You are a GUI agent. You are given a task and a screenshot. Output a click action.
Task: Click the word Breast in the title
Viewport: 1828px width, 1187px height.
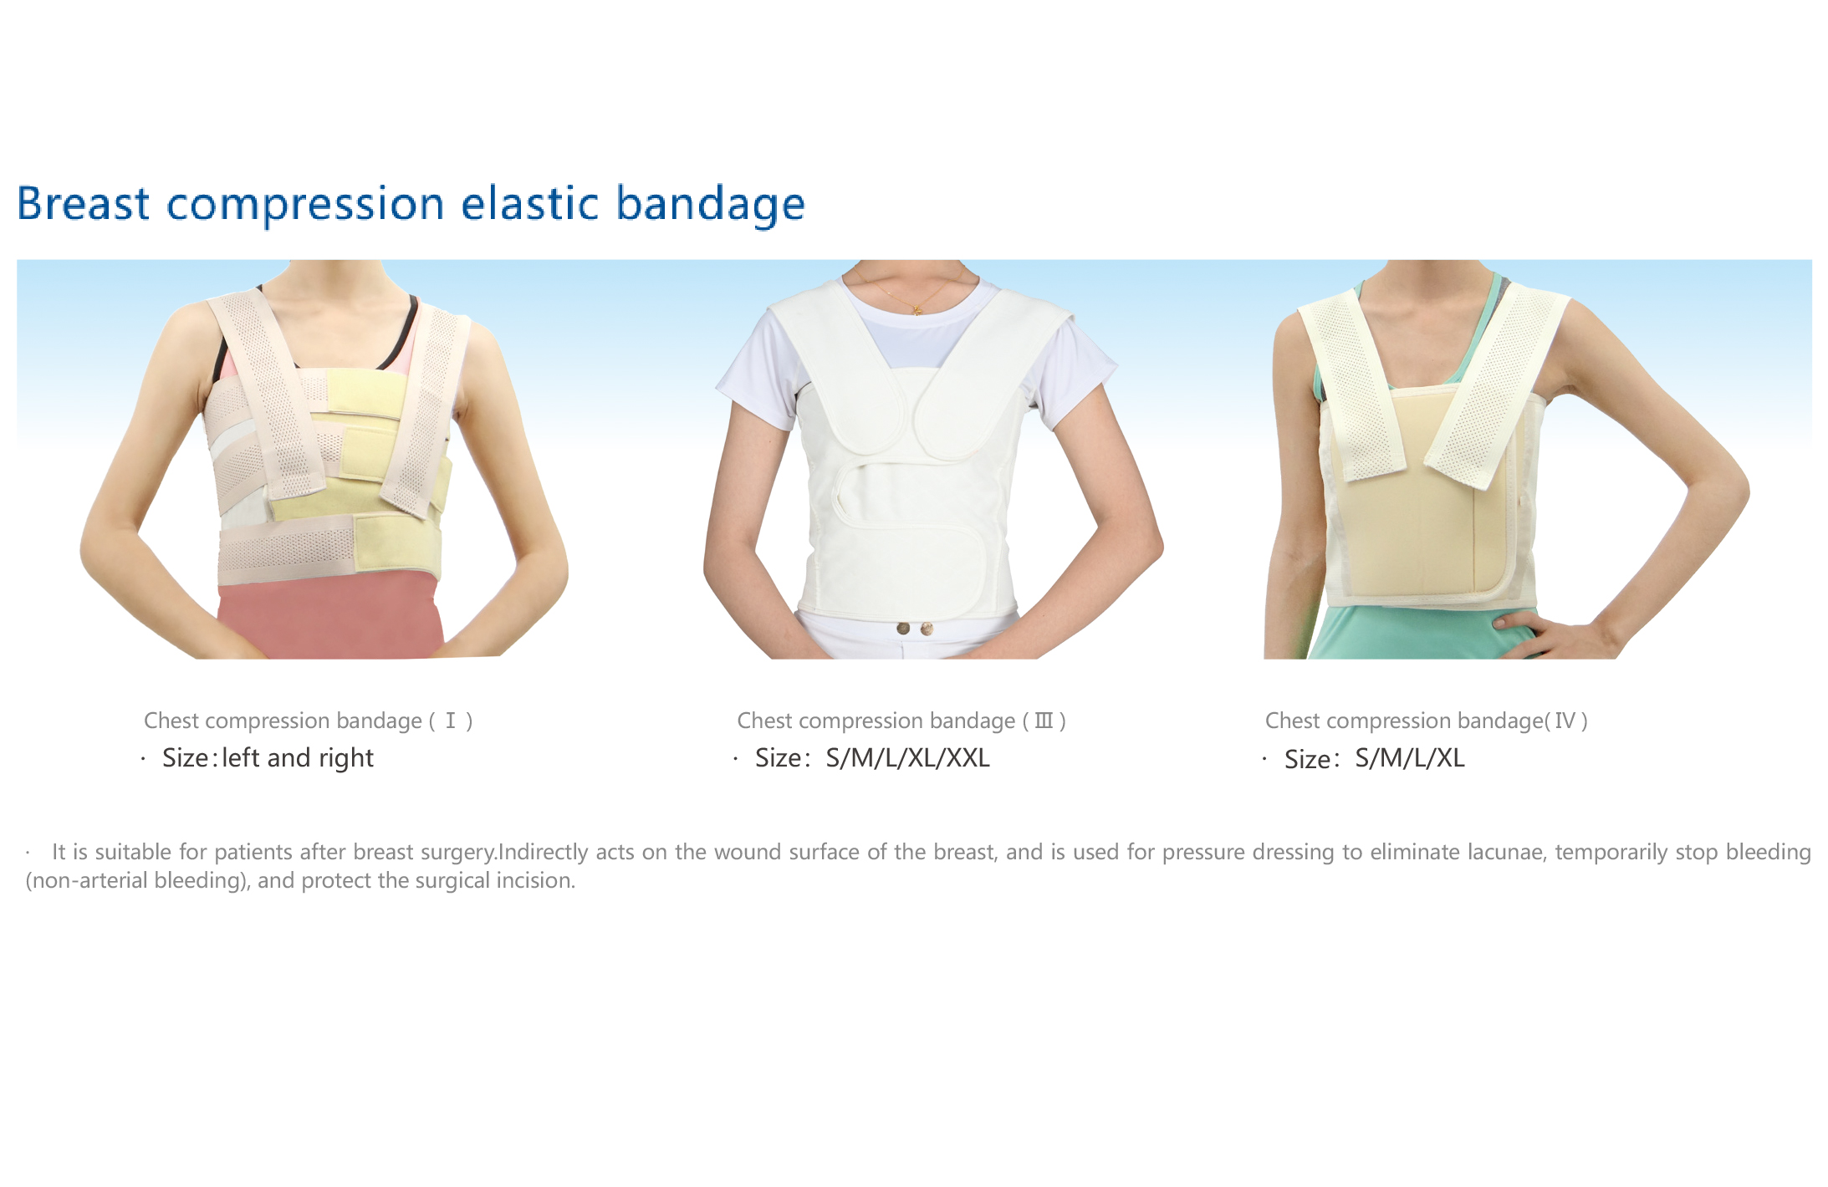[x=84, y=203]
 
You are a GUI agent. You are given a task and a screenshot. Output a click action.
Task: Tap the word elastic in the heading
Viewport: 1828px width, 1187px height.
[x=530, y=203]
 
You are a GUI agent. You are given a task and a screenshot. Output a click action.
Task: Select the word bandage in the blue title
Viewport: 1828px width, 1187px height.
[x=711, y=206]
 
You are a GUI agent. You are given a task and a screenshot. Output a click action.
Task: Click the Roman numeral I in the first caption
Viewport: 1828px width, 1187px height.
[x=451, y=721]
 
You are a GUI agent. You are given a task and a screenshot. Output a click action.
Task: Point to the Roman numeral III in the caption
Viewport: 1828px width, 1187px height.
[x=1044, y=721]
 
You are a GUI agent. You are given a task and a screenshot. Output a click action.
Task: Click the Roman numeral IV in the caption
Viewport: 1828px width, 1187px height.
[x=1565, y=721]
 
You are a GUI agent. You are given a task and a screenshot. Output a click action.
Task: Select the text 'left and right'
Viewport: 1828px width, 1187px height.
[x=298, y=758]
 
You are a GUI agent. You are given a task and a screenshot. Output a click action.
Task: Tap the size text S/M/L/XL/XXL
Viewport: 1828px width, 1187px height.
[x=907, y=758]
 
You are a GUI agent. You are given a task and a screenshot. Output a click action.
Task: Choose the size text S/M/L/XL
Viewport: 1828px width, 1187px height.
[x=1410, y=758]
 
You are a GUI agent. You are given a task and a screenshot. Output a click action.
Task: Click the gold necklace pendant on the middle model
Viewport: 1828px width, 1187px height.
[x=917, y=310]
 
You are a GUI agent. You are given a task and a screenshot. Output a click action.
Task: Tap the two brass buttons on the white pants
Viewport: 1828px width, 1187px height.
[x=914, y=628]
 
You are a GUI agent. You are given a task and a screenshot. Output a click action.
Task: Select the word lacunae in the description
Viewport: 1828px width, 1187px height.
[x=1504, y=852]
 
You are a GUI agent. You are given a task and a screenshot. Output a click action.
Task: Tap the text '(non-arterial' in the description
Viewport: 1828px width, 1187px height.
[x=86, y=881]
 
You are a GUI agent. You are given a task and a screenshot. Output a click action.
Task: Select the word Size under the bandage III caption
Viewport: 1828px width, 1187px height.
[x=779, y=758]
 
